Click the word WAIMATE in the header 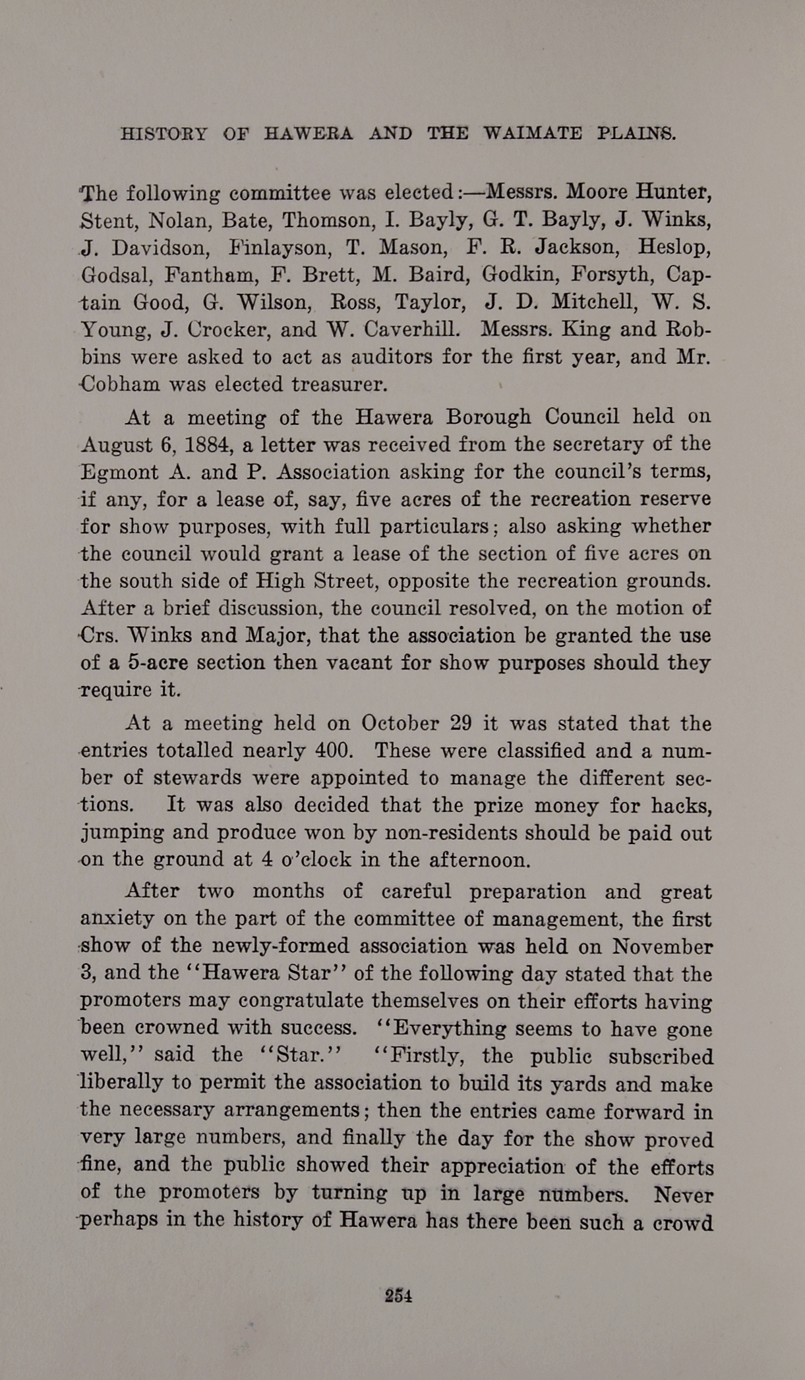click(x=533, y=134)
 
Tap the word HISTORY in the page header click(x=164, y=134)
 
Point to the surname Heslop click(x=674, y=248)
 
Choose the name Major click(x=273, y=636)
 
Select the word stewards click(x=195, y=778)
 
